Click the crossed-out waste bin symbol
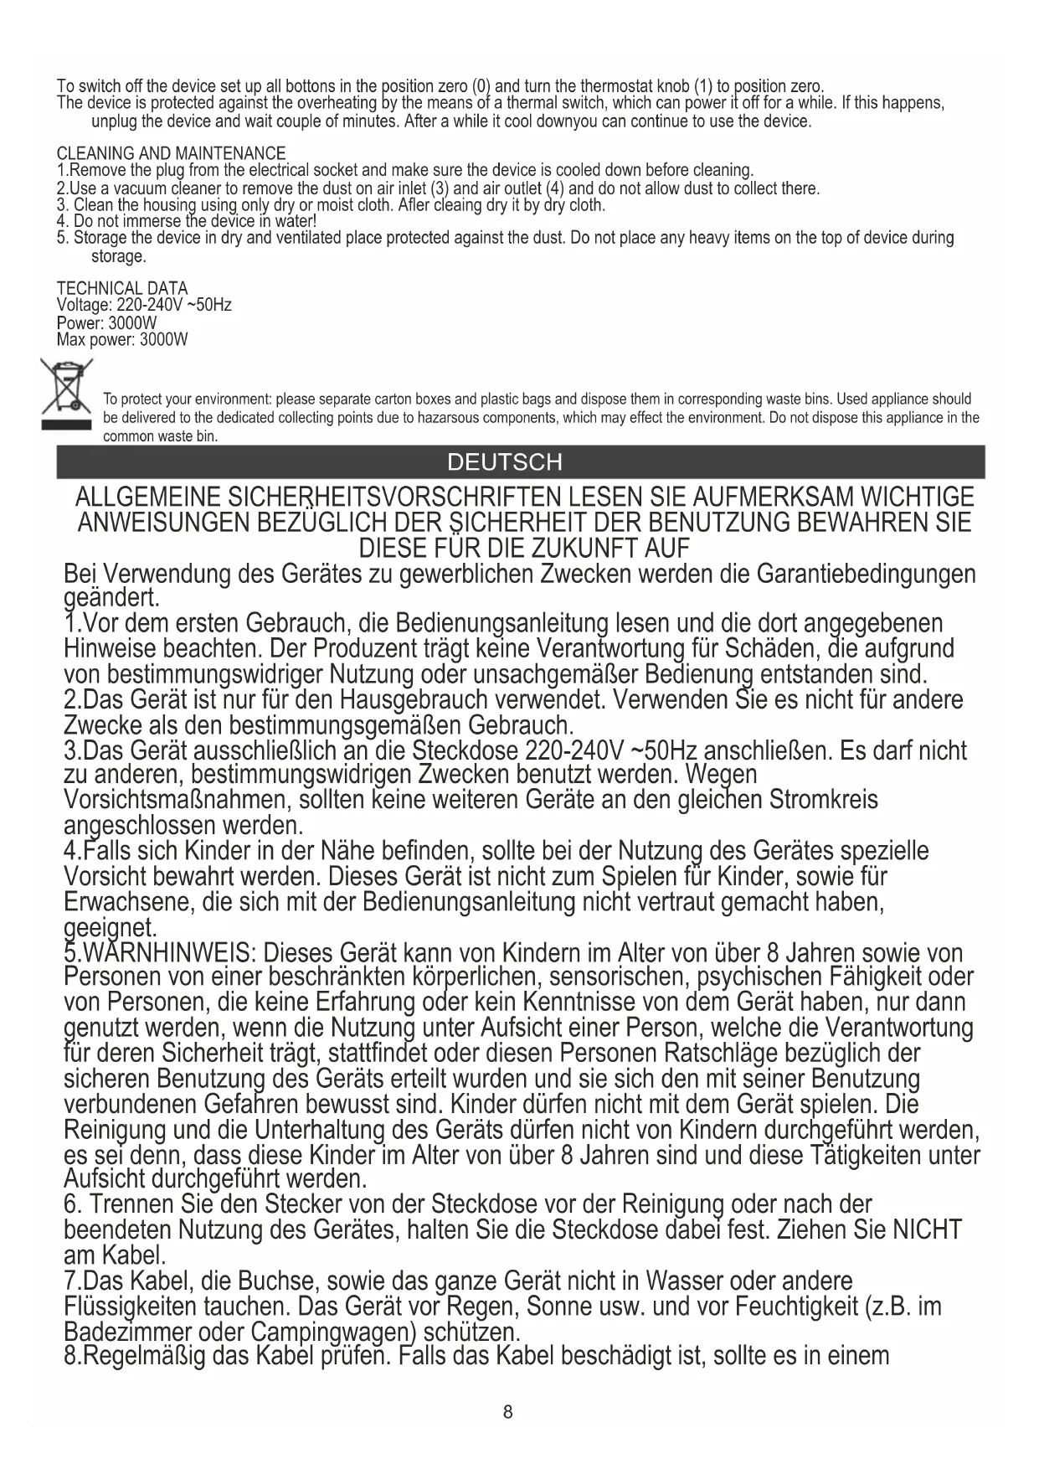click(x=67, y=393)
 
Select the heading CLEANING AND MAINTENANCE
click(x=171, y=154)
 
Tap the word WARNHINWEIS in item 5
click(x=167, y=954)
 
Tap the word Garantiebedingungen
click(x=866, y=575)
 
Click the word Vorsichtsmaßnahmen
click(x=175, y=801)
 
